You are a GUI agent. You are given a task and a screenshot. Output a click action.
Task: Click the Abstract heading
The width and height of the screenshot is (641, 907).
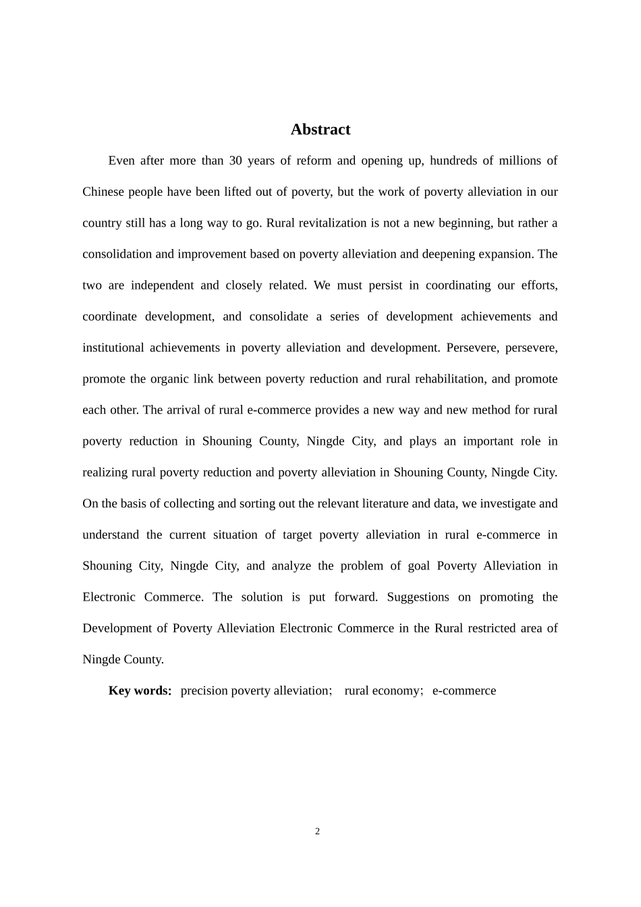[320, 130]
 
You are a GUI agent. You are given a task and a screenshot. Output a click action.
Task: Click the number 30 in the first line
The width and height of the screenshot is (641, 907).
[235, 161]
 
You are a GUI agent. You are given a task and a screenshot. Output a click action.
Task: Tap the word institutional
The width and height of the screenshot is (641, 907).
[113, 348]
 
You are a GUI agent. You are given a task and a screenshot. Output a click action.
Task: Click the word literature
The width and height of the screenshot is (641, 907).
[385, 503]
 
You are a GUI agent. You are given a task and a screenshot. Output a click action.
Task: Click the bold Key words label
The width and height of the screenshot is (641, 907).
[140, 690]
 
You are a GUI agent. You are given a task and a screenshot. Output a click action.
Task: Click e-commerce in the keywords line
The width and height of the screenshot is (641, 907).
[464, 690]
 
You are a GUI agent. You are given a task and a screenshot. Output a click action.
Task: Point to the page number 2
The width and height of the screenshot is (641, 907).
[317, 831]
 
